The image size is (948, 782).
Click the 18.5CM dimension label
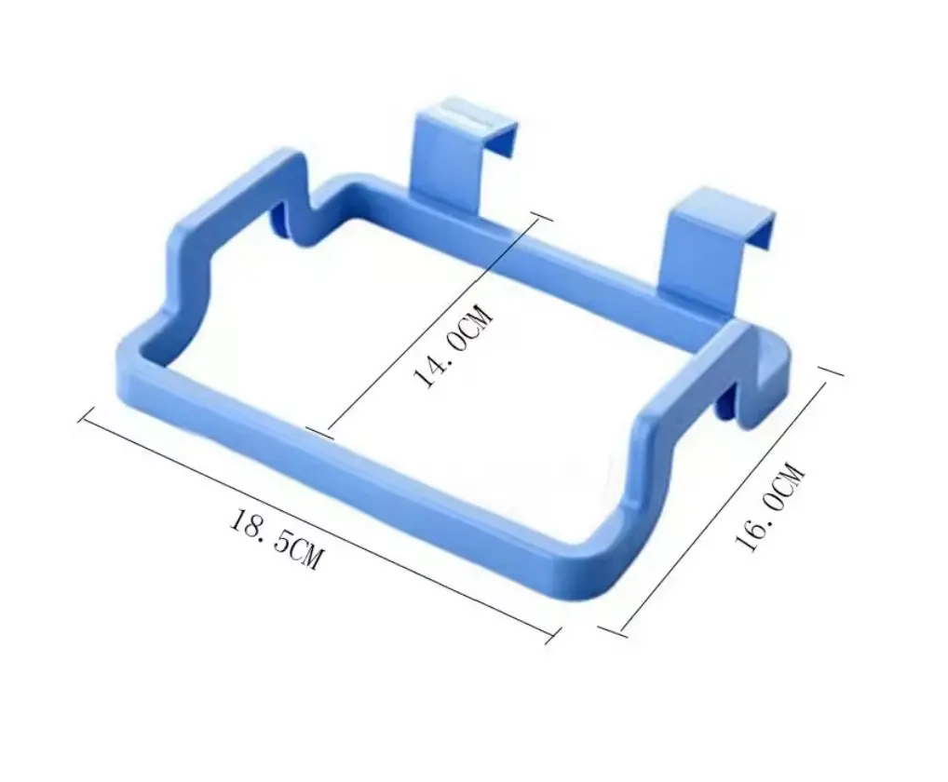[276, 538]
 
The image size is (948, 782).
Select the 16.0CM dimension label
[770, 506]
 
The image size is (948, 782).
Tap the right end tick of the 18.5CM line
[550, 637]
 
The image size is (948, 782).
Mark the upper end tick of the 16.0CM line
[832, 371]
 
